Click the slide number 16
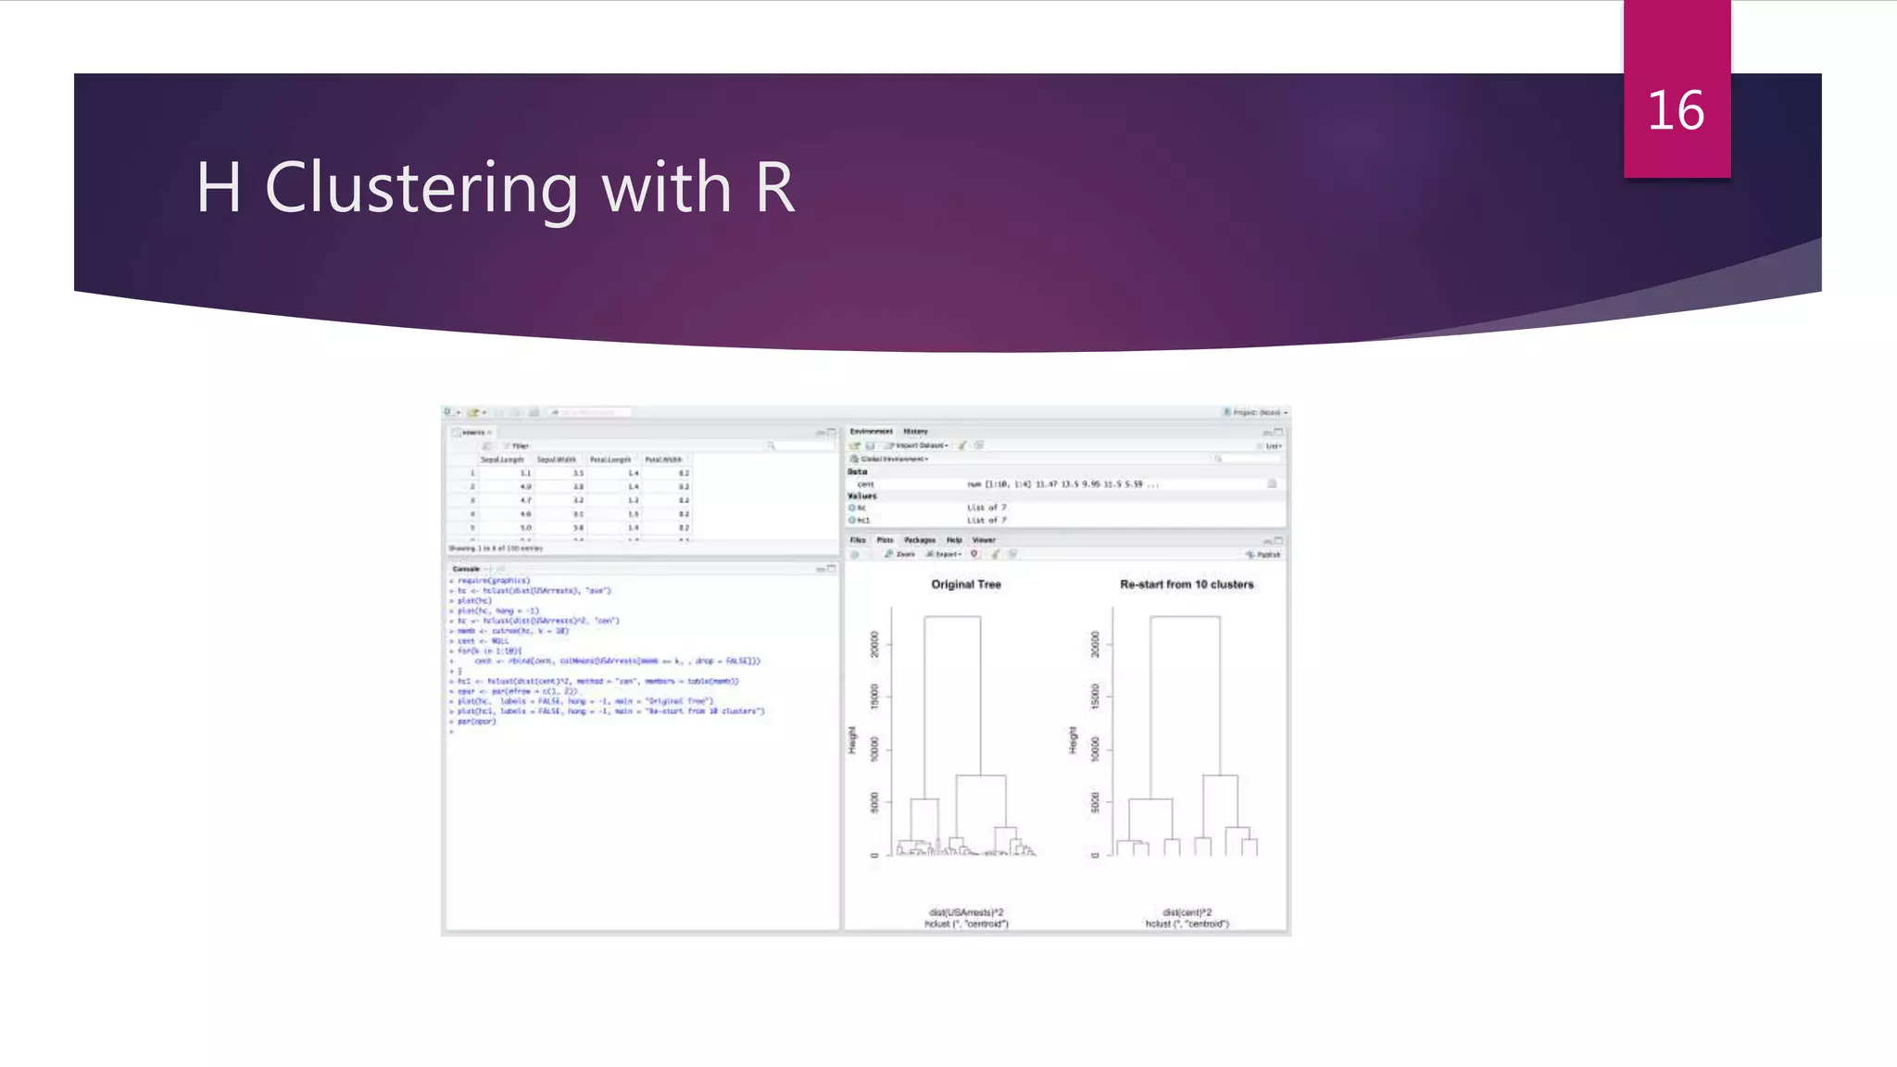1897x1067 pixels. pos(1676,111)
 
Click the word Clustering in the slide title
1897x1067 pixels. pos(421,188)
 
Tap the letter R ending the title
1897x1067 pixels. pos(774,187)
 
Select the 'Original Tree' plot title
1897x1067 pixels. pos(966,584)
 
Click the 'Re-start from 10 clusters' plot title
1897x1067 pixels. pos(1187,584)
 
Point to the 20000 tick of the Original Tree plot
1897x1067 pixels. pos(874,644)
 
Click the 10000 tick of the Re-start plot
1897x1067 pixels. pos(1095,748)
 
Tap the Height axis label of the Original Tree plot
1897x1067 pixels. pos(852,740)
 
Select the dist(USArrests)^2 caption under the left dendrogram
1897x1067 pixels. pos(966,912)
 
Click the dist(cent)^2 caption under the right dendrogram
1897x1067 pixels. pos(1187,912)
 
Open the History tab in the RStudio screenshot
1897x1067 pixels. pos(915,432)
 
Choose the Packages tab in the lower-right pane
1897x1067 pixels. pos(920,540)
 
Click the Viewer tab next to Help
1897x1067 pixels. pos(984,540)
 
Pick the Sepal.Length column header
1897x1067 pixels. pos(502,459)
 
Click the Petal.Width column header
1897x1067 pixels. pos(663,459)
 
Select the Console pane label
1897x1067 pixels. pos(466,569)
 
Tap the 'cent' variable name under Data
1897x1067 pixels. pos(866,484)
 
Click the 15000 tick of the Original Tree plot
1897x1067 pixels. pos(874,697)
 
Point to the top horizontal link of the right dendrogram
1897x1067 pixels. pos(1185,617)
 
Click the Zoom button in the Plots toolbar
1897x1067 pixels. pos(901,554)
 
